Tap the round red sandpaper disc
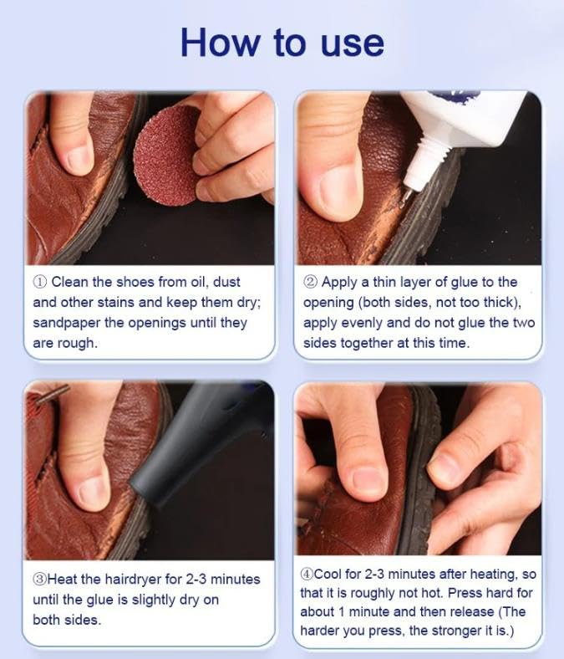(167, 154)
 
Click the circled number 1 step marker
(40, 282)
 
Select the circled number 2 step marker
(310, 282)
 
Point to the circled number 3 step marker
(39, 580)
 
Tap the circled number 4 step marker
(307, 574)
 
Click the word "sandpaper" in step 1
(66, 323)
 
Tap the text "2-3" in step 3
(196, 580)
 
